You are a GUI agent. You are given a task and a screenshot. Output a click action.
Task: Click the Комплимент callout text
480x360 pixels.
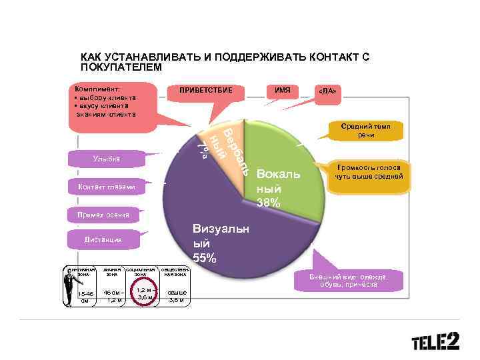tap(107, 101)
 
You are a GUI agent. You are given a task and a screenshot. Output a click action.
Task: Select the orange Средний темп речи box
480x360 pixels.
tap(365, 131)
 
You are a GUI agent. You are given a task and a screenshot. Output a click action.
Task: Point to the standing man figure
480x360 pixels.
tap(69, 285)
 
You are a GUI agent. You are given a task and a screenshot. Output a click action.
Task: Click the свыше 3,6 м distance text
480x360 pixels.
tap(177, 296)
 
